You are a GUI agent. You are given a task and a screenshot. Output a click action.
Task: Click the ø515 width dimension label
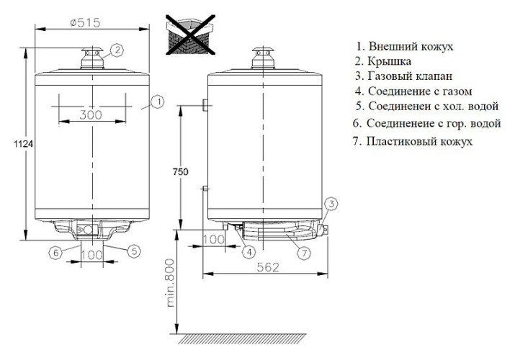(x=91, y=22)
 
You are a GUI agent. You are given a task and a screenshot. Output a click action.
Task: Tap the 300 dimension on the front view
(x=91, y=114)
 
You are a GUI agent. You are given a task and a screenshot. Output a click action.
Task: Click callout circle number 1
(x=158, y=102)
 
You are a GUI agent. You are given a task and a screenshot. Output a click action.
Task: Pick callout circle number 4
(x=248, y=251)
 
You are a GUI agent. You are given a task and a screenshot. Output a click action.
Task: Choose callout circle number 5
(x=133, y=251)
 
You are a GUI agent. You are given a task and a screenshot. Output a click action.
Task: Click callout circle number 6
(x=55, y=251)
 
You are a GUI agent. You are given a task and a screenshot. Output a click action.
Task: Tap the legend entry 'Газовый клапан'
(x=406, y=76)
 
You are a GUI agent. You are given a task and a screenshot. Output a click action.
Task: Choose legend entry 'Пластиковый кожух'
(x=413, y=141)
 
